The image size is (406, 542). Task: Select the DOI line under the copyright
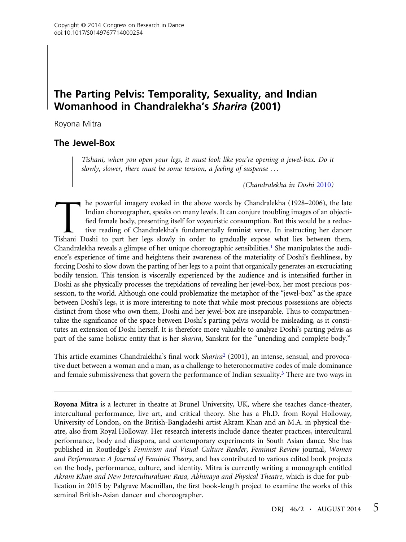pyautogui.click(x=98, y=33)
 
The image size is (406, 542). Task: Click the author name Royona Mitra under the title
pyautogui.click(x=78, y=124)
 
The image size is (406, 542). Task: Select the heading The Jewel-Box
pyautogui.click(x=84, y=143)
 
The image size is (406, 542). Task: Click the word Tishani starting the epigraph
pyautogui.click(x=92, y=160)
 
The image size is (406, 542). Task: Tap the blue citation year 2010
pyautogui.click(x=323, y=185)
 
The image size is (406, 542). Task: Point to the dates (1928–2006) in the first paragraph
pyautogui.click(x=301, y=203)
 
